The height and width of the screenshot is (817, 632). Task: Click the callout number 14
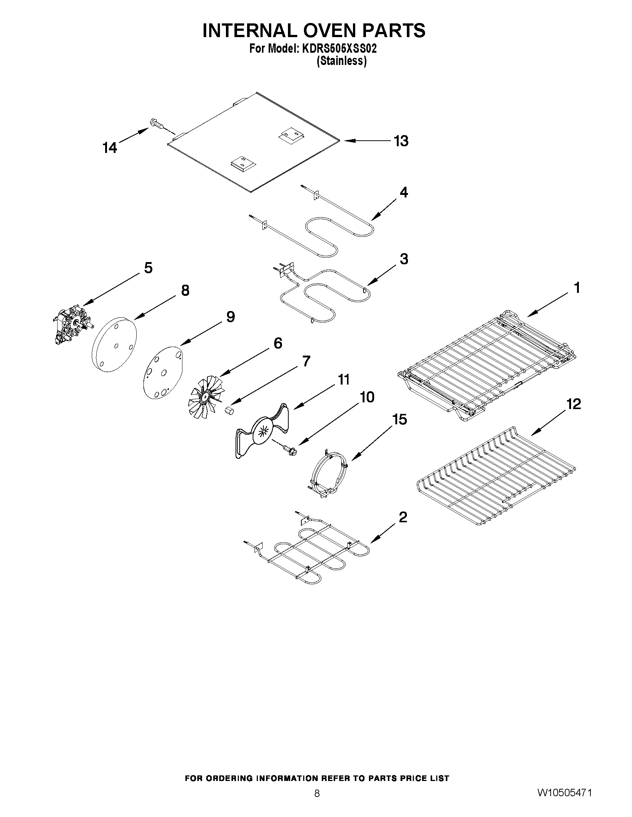(110, 148)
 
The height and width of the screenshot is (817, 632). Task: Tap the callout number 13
(401, 141)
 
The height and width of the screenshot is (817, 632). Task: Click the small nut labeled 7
(229, 411)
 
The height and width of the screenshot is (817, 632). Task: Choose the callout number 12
(573, 404)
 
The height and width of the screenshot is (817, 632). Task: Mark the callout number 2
(403, 517)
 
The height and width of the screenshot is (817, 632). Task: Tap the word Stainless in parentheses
(341, 61)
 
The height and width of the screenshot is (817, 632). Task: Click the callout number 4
(403, 192)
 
